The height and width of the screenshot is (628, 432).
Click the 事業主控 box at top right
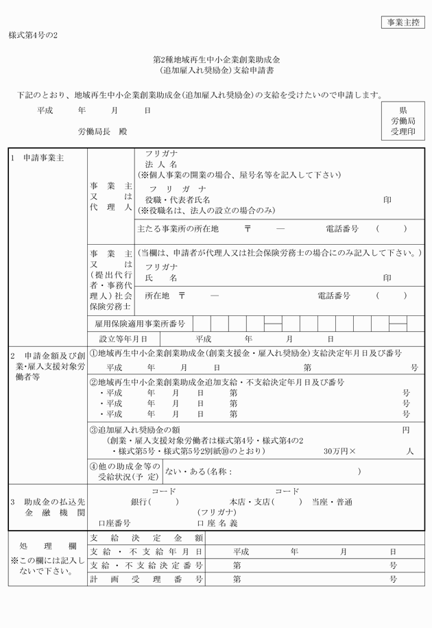403,23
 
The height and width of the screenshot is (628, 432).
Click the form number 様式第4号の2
34,35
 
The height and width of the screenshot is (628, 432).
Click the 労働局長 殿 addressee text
102,131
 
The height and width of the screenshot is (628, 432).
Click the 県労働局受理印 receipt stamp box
403,121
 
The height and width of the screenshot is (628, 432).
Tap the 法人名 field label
161,165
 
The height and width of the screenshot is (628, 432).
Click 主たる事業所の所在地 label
178,229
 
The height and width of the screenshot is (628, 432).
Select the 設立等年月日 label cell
123,339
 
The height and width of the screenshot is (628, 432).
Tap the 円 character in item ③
406,429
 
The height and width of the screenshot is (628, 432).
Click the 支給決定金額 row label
146,538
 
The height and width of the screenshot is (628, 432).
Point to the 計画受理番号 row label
146,579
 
